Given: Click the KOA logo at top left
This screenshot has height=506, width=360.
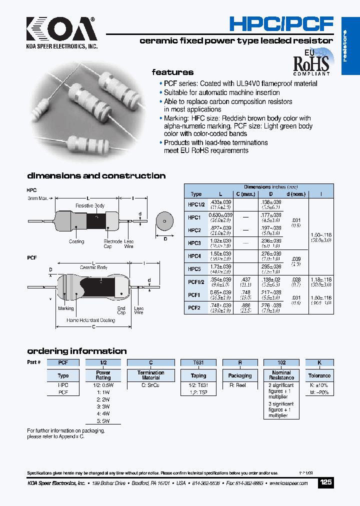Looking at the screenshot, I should pos(61,30).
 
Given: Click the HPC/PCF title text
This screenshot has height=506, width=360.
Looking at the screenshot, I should pos(281,24).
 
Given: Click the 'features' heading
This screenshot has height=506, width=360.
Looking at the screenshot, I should pos(172,72).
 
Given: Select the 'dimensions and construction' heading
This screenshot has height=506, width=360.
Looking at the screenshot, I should pos(96,176).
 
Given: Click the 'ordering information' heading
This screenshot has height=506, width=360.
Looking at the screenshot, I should pos(77,351).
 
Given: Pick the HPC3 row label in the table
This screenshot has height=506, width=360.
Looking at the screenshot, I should pos(194,243).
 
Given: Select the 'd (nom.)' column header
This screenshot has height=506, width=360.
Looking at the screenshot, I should pos(296,194).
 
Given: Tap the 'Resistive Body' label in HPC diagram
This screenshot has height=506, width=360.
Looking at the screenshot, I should pos(90,206).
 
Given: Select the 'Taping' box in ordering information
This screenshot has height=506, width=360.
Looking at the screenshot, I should pos(198,375).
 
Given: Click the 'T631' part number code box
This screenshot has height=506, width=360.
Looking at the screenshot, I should pos(198,362).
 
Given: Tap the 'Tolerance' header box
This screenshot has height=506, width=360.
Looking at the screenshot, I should pos(319,375).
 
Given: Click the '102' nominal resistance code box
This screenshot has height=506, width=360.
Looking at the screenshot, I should pos(281,362).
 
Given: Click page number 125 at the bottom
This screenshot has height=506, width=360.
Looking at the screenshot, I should pos(325,482).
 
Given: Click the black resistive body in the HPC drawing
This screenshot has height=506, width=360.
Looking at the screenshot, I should pos(95,220).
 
